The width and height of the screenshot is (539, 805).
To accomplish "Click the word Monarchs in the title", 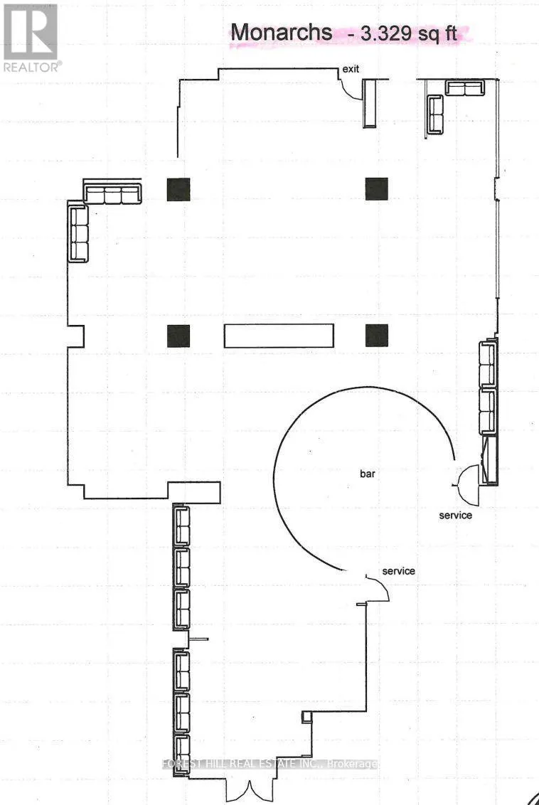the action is click(282, 32).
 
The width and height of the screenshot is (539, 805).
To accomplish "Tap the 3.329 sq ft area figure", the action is click(409, 34).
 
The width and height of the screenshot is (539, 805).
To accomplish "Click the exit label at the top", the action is click(351, 69).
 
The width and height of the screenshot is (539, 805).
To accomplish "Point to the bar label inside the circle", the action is click(368, 474).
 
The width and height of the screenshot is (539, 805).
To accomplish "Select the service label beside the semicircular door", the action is click(455, 515).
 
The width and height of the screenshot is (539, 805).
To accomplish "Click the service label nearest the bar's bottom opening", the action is click(398, 571).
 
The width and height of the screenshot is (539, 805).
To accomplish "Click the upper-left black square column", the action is click(178, 189).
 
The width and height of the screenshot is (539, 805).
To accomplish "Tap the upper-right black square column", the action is click(377, 189).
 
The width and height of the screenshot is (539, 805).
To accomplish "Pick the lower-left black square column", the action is click(178, 336).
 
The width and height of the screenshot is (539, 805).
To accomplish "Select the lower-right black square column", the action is click(377, 336).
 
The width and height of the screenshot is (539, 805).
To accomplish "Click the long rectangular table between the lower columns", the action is click(279, 336).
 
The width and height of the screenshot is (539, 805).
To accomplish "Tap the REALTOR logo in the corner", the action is click(31, 37).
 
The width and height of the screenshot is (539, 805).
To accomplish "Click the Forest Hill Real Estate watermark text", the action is click(270, 764).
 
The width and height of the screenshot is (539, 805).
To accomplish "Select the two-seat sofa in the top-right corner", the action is click(464, 87).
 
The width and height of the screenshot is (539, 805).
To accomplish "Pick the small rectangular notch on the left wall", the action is click(76, 336).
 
